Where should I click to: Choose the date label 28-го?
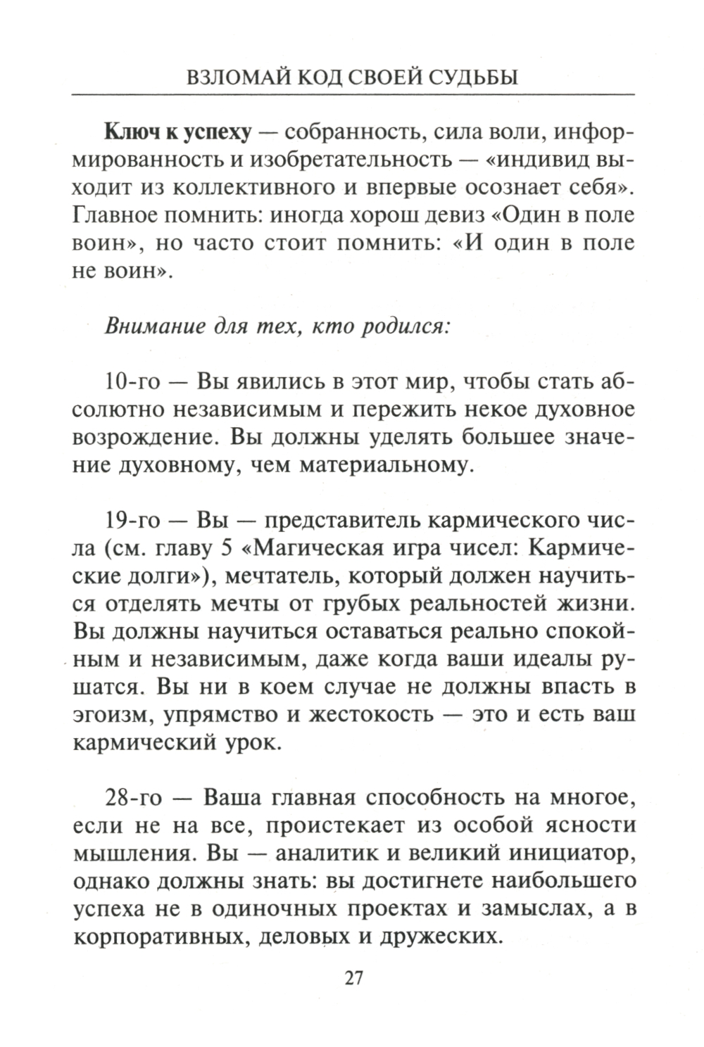pyautogui.click(x=133, y=799)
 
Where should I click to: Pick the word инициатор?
pyautogui.click(x=570, y=854)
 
